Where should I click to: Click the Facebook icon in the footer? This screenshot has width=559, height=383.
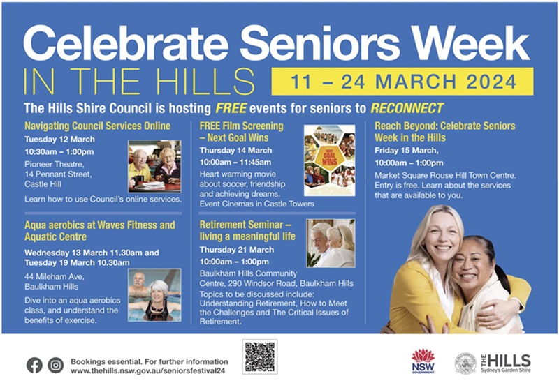pyautogui.click(x=34, y=365)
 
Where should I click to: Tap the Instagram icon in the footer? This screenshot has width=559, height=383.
pyautogui.click(x=56, y=365)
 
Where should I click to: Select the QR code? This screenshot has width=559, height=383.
pyautogui.click(x=260, y=356)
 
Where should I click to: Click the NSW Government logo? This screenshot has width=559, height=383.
pyautogui.click(x=423, y=361)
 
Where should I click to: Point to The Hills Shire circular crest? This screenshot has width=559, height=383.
pyautogui.click(x=465, y=363)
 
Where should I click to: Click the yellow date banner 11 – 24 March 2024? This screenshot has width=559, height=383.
pyautogui.click(x=402, y=82)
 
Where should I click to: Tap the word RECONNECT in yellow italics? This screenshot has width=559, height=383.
pyautogui.click(x=407, y=108)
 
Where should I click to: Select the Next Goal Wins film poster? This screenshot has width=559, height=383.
pyautogui.click(x=329, y=160)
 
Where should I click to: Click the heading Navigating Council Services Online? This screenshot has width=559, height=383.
pyautogui.click(x=97, y=126)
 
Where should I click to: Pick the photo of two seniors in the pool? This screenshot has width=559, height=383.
pyautogui.click(x=154, y=295)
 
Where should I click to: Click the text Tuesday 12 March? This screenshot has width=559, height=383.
pyautogui.click(x=59, y=139)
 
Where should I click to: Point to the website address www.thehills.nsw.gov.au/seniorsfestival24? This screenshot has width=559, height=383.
pyautogui.click(x=148, y=371)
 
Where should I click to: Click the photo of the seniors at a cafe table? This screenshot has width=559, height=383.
pyautogui.click(x=154, y=166)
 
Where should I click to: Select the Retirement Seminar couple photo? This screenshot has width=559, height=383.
pyautogui.click(x=331, y=243)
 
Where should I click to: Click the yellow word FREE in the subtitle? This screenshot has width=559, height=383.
pyautogui.click(x=231, y=108)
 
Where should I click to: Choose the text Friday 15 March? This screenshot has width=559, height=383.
pyautogui.click(x=407, y=151)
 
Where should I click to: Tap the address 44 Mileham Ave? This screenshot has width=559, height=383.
pyautogui.click(x=55, y=276)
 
